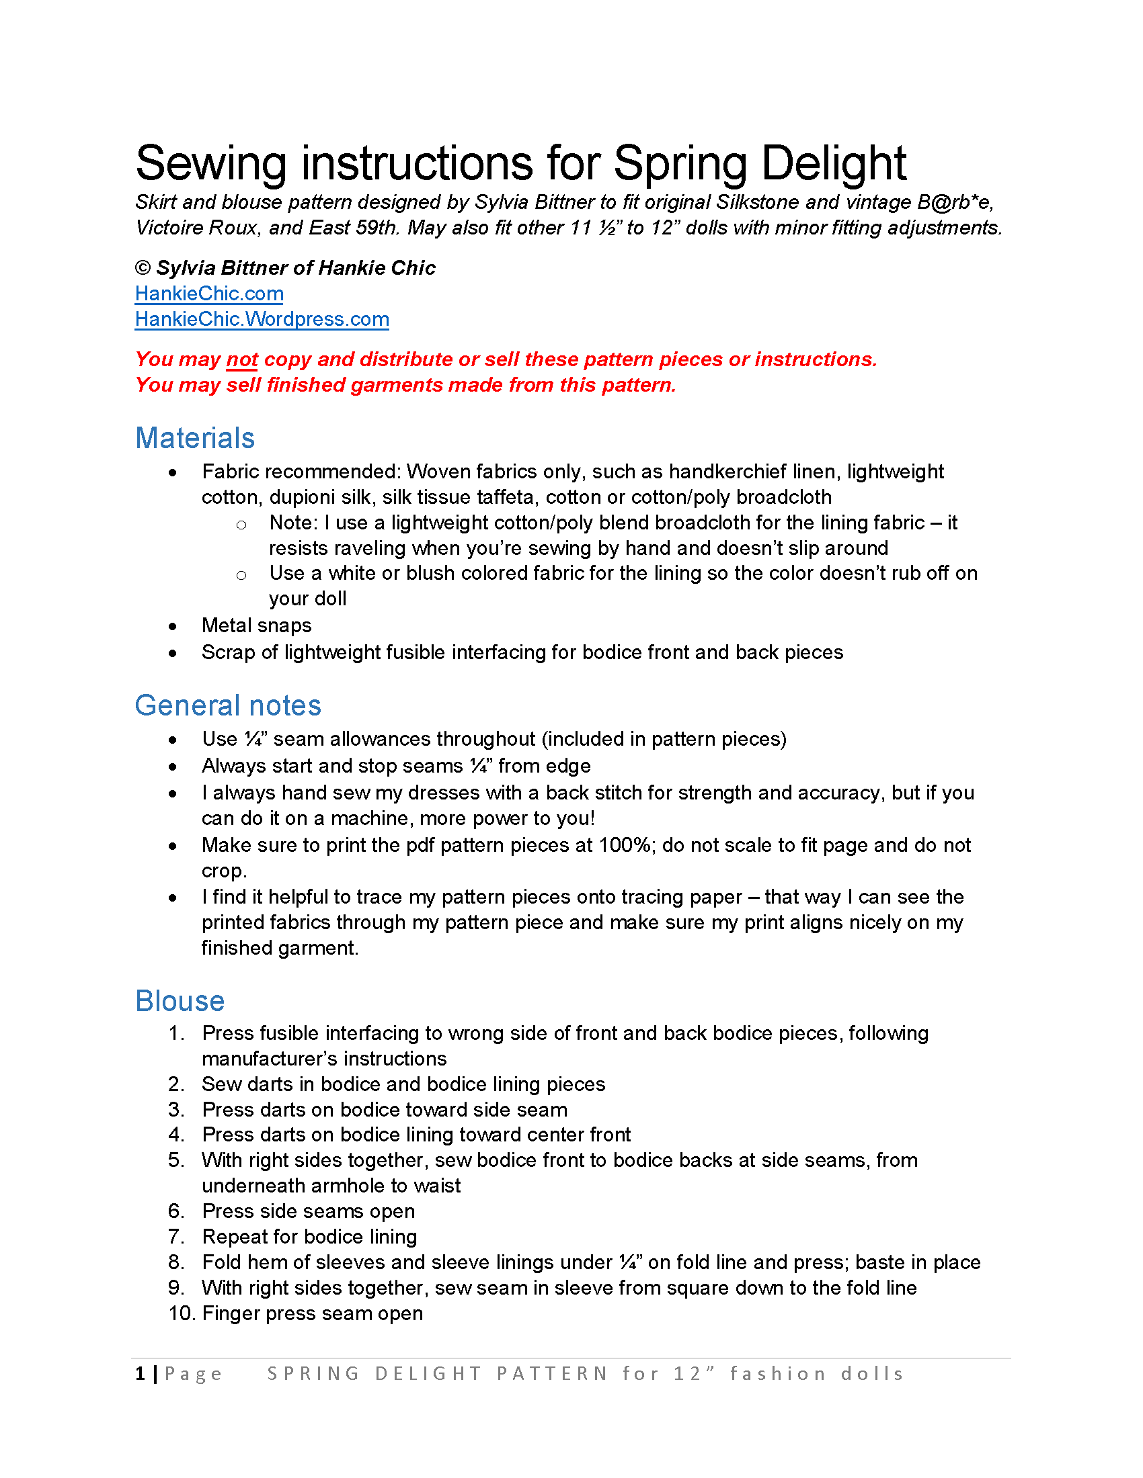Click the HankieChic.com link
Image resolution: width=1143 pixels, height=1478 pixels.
[208, 294]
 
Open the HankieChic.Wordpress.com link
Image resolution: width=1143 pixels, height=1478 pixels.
[262, 319]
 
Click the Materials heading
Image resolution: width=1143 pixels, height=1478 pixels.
[194, 438]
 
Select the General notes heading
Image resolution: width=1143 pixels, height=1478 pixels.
[227, 705]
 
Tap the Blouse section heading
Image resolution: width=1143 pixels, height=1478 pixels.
[180, 1001]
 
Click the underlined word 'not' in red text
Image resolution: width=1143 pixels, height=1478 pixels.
[242, 359]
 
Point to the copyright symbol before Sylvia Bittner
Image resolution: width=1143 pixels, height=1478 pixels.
[142, 268]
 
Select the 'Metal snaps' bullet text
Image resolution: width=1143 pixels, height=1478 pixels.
[256, 625]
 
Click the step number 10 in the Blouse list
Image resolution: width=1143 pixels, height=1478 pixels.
[182, 1313]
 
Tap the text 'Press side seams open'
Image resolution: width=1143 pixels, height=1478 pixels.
[308, 1211]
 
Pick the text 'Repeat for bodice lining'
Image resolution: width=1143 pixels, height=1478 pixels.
[309, 1237]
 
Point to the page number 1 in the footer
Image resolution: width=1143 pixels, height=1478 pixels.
[140, 1374]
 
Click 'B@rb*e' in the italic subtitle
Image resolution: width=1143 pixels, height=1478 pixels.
[955, 202]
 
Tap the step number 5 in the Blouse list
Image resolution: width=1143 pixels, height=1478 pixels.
[176, 1160]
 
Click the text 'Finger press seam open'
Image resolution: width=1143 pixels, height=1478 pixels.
[312, 1313]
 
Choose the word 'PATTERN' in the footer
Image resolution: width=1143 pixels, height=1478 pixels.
[552, 1374]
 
